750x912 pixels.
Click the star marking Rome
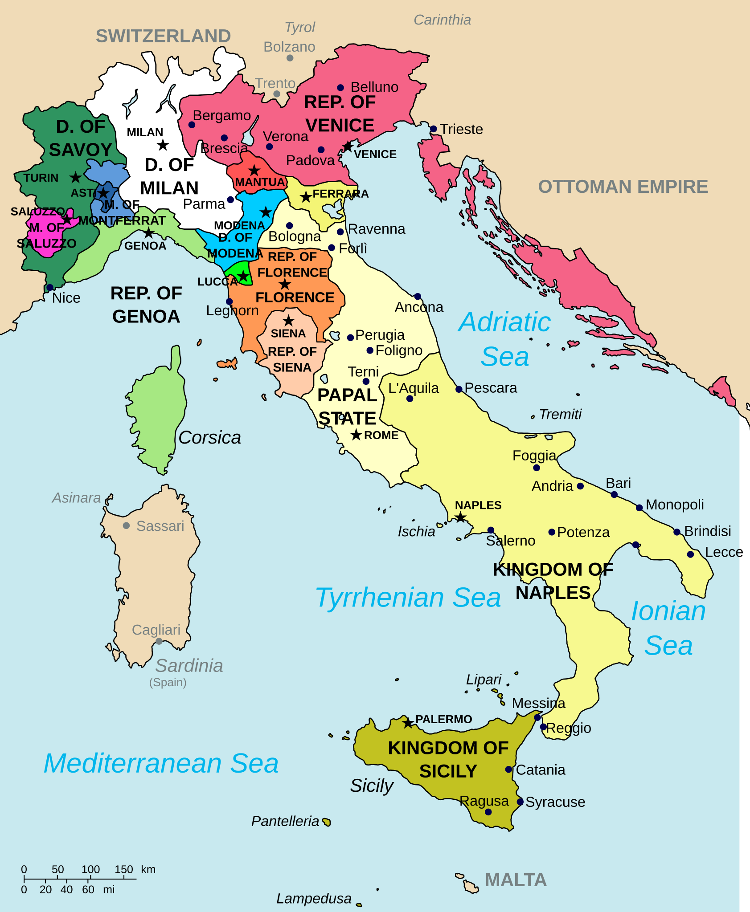[356, 435]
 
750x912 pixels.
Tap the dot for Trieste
[433, 129]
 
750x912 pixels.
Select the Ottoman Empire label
[623, 187]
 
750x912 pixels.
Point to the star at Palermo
[408, 723]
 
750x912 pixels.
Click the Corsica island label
[209, 437]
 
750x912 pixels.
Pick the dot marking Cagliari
[159, 641]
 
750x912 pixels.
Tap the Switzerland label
[163, 36]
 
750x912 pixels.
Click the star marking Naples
[460, 517]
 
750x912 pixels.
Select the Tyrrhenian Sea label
[408, 597]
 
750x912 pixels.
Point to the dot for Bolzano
[290, 58]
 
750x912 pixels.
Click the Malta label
[516, 880]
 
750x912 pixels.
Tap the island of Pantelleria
[327, 822]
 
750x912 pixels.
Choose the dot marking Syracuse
[520, 802]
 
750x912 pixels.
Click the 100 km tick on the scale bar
[90, 879]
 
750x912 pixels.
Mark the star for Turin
[76, 177]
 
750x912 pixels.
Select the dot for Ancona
[418, 297]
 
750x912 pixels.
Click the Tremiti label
[560, 414]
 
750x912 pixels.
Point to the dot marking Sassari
[127, 526]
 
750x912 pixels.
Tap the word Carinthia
[442, 20]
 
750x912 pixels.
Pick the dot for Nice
[50, 287]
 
